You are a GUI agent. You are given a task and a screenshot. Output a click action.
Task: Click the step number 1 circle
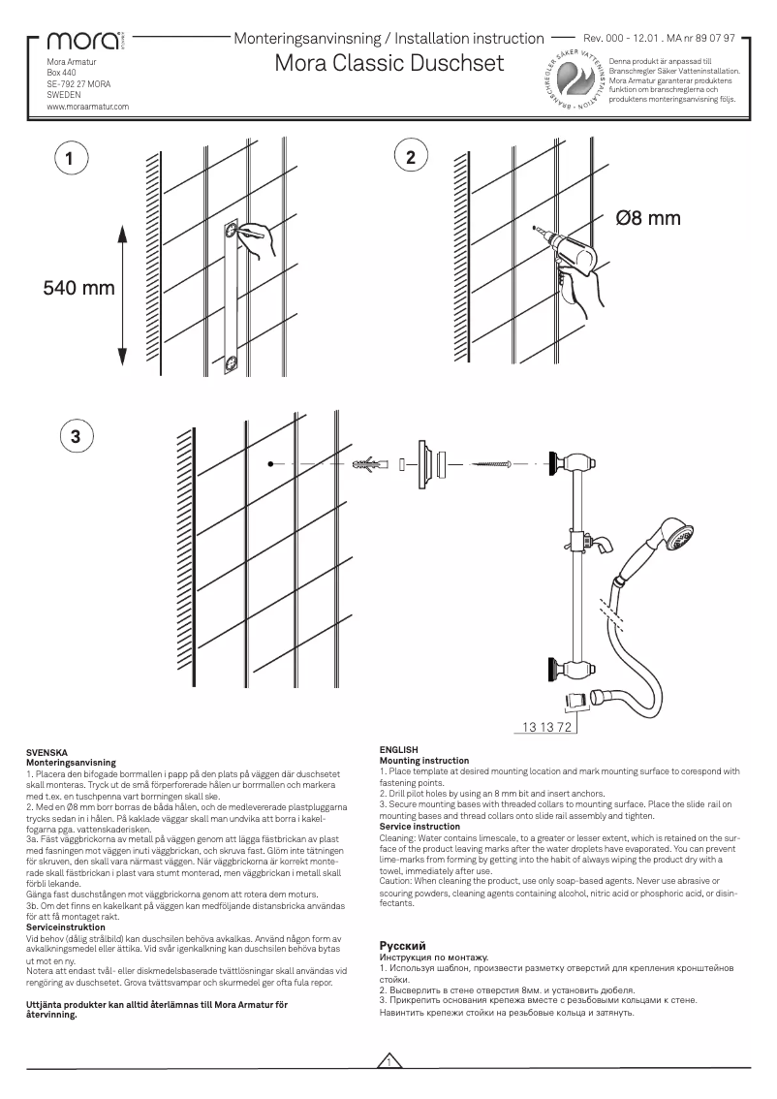pos(69,158)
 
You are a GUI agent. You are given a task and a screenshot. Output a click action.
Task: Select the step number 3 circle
pos(76,435)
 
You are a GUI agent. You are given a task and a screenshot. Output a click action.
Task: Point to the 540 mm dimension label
pos(78,288)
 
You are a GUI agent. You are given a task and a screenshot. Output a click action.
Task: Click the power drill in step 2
pos(572,253)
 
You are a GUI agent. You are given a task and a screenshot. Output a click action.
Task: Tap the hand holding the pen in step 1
pos(260,238)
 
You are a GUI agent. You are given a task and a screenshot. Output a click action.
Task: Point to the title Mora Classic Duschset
pos(389,64)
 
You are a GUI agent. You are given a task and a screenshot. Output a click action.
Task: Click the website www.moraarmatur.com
pos(88,108)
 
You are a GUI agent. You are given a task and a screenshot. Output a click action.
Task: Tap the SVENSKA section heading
pos(46,752)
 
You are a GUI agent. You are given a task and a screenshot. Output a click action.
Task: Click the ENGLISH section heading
pos(398,749)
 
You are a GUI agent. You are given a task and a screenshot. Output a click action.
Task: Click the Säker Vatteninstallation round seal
pos(575,81)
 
